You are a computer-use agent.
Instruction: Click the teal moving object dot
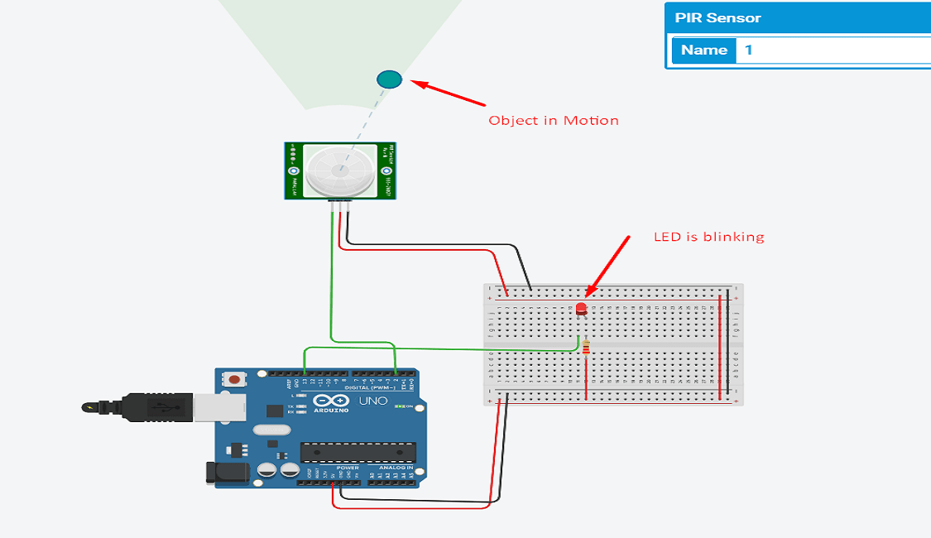[389, 79]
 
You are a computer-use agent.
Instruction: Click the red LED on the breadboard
[580, 310]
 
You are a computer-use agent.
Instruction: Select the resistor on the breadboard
[586, 347]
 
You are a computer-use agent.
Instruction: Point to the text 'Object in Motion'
[553, 121]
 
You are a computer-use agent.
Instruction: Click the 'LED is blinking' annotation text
[708, 238]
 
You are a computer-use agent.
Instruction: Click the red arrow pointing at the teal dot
[449, 93]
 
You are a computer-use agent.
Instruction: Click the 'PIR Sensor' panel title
[717, 18]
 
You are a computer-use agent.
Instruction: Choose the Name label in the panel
[703, 50]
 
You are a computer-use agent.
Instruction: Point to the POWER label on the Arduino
[348, 468]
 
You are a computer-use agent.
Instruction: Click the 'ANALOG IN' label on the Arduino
[396, 468]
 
